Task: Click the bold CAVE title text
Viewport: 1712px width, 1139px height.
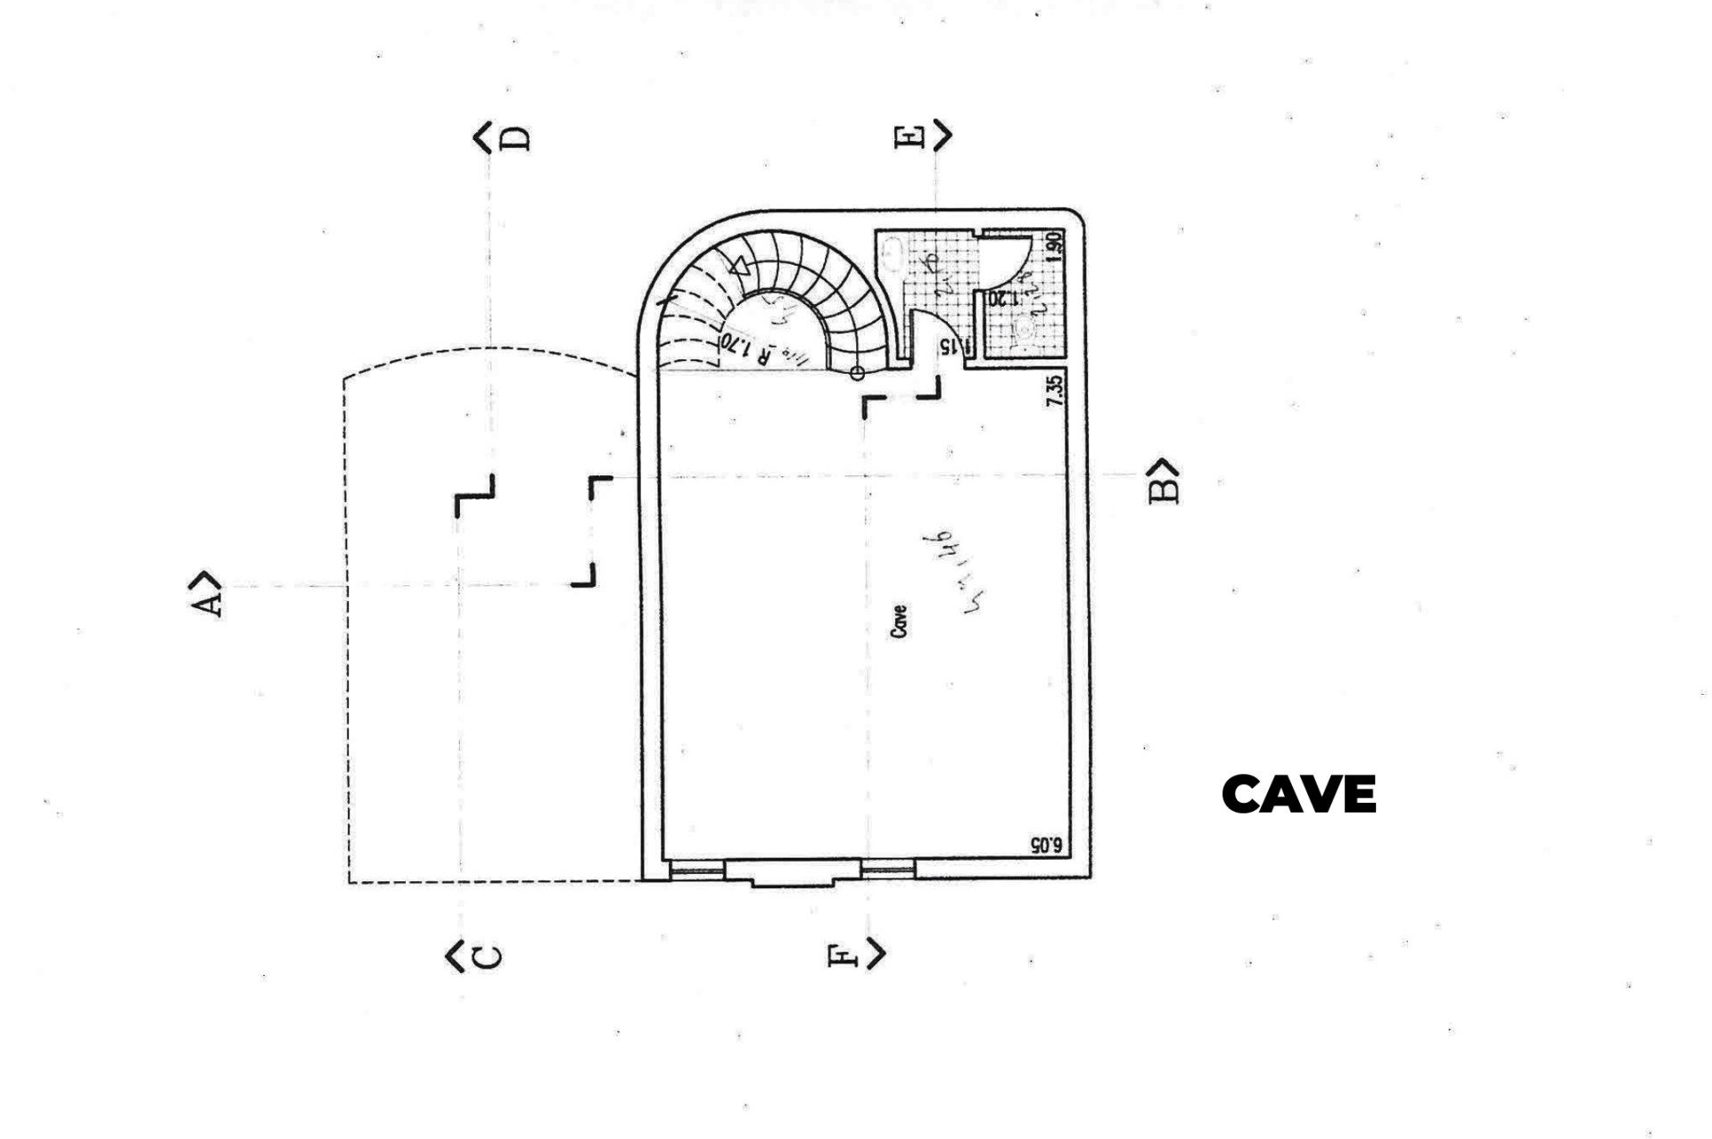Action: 1299,794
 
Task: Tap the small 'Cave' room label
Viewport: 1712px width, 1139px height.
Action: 900,621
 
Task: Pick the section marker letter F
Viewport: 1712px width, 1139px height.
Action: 843,955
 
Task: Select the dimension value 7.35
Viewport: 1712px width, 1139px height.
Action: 1055,391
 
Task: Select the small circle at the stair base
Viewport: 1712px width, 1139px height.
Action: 858,374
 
